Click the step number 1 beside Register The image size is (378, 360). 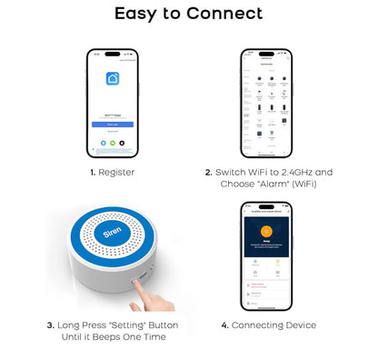92,171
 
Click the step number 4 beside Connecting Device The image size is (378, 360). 224,325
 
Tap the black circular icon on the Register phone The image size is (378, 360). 123,143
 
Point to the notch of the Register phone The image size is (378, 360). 113,52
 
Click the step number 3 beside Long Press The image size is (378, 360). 51,325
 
